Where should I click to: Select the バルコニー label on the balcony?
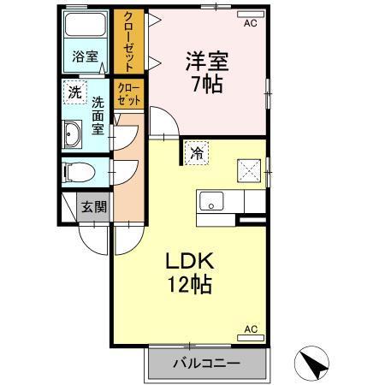tap(207, 363)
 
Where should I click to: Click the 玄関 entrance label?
tap(94, 206)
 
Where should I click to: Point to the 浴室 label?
tap(85, 57)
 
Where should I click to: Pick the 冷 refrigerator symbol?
tap(197, 154)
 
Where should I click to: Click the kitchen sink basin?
tap(210, 202)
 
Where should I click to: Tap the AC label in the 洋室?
tap(250, 23)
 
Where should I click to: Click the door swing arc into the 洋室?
tap(164, 124)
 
